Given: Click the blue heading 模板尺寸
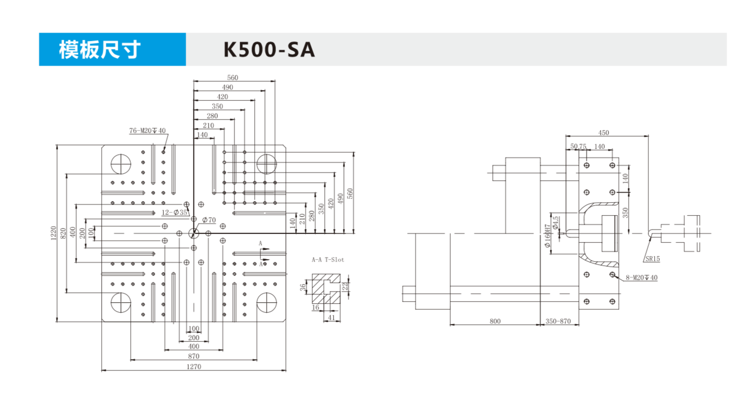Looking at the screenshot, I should click(x=100, y=50).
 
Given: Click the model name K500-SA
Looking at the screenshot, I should click(x=269, y=50).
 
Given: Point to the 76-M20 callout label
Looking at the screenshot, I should click(x=147, y=131).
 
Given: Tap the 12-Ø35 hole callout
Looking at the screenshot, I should click(x=175, y=212).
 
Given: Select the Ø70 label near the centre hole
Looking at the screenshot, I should click(x=209, y=220).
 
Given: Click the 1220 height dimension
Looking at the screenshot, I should click(x=53, y=233).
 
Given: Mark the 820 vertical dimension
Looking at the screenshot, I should click(x=63, y=233).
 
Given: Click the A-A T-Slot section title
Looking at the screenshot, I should click(x=327, y=259).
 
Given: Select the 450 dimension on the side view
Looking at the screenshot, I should click(x=603, y=133).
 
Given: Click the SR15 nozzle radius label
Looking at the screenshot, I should click(x=653, y=258).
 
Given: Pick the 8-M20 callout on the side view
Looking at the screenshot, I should click(x=641, y=278).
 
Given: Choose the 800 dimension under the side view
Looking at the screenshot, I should click(x=495, y=321).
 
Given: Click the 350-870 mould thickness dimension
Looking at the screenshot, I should click(x=558, y=321).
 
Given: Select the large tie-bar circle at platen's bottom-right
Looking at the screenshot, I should click(x=267, y=302).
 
